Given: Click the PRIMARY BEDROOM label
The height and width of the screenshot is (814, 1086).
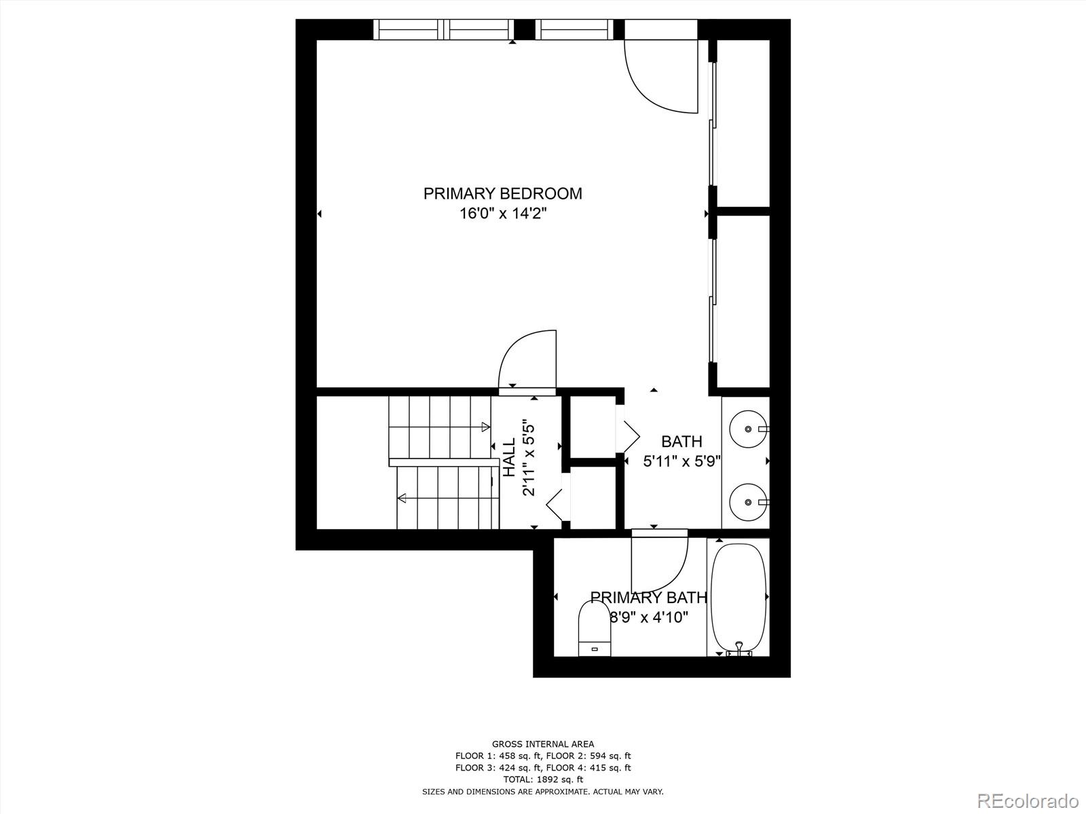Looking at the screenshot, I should coord(502,193).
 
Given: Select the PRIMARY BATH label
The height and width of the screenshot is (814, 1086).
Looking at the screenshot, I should coord(648,598).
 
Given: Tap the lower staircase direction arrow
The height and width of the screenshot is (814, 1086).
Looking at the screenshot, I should coord(402,499).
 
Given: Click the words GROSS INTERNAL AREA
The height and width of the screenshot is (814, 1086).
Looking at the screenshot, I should coord(543,744).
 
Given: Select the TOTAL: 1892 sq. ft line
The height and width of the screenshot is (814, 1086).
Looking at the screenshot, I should coord(543,779).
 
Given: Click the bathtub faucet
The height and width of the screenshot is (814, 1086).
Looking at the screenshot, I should coord(739,649).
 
